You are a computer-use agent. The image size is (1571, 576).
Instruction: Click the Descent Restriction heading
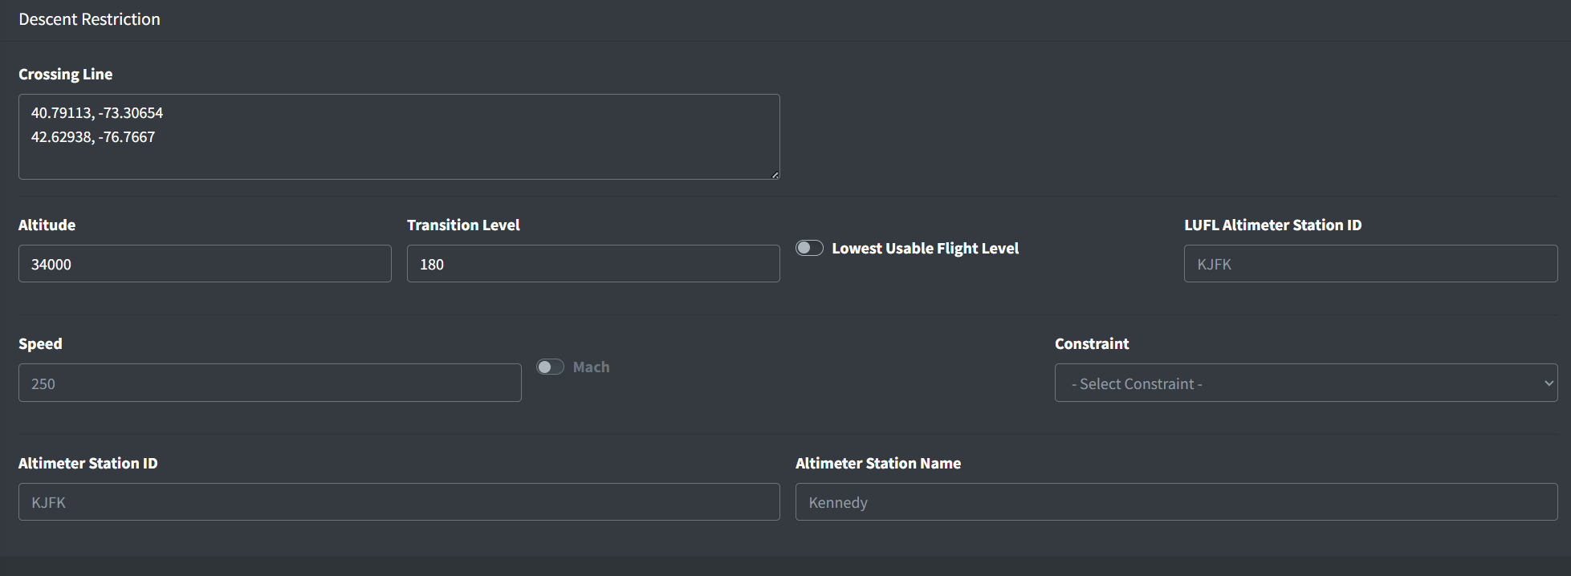[89, 19]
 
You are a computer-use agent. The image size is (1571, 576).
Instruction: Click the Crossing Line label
[65, 74]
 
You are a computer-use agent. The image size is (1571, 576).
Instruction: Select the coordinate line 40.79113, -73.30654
[97, 113]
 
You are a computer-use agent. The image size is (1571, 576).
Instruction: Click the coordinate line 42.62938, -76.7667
[93, 137]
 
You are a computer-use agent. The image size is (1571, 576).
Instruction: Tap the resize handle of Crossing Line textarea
[775, 174]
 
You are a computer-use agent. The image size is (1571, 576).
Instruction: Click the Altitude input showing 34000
[205, 264]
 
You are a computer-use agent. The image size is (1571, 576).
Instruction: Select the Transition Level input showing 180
[593, 264]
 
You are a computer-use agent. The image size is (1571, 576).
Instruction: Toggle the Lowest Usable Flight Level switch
[809, 248]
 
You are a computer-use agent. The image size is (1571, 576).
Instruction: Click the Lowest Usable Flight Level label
[925, 249]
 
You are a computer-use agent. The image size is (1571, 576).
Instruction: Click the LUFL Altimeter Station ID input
[1370, 264]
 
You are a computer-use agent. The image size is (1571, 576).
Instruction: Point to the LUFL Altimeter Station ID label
[1272, 225]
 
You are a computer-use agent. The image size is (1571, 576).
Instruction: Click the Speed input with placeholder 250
[270, 383]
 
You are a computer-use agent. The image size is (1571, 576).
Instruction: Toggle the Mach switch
[550, 367]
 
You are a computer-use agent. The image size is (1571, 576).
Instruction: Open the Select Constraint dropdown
[1306, 383]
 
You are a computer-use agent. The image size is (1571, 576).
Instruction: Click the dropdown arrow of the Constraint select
[1549, 383]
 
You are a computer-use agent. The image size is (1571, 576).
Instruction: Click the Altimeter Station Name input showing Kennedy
[1176, 501]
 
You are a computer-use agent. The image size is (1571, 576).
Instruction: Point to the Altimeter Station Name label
[878, 464]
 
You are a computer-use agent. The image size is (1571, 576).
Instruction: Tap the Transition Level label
[463, 225]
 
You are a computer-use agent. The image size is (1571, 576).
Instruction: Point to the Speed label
[40, 344]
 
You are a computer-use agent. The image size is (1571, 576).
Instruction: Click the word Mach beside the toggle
[591, 367]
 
